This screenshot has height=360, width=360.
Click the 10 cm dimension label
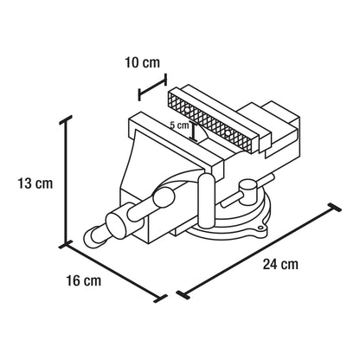[x=142, y=62]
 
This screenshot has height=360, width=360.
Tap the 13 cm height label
[x=35, y=183]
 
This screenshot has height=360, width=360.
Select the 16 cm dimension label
[x=84, y=280]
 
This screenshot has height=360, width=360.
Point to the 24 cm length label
[x=280, y=264]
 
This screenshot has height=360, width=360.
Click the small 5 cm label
[x=179, y=125]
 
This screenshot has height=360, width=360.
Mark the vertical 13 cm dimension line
[x=66, y=182]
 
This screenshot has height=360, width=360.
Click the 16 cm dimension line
[x=113, y=273]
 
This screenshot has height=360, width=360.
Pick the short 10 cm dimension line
[x=153, y=87]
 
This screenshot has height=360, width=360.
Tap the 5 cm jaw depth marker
[x=195, y=132]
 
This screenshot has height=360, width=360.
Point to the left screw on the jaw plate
[x=187, y=110]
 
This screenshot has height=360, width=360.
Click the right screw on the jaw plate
[x=228, y=133]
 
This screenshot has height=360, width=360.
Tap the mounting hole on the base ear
[x=260, y=228]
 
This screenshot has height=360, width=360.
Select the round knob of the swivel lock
[x=247, y=190]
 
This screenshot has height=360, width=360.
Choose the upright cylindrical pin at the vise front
[x=207, y=201]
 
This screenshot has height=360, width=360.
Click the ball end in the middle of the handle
[x=164, y=197]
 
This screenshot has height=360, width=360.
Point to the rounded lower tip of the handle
[x=90, y=237]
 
